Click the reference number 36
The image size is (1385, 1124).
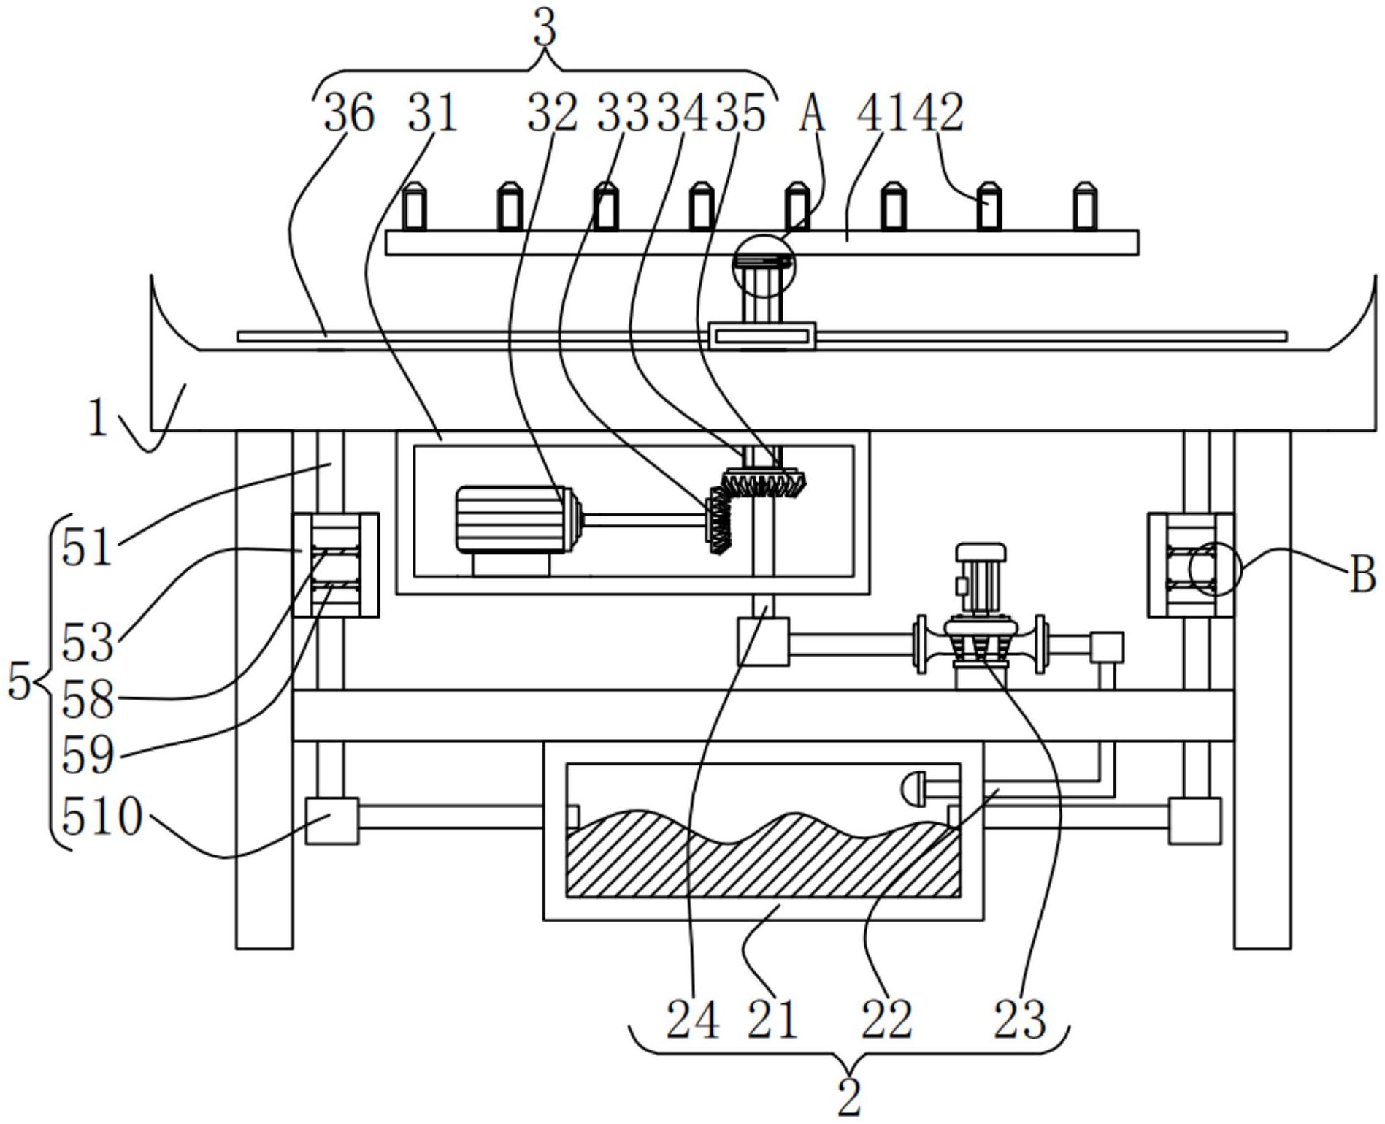[349, 115]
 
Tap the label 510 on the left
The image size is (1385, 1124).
[101, 817]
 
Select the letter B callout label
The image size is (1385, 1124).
[1362, 575]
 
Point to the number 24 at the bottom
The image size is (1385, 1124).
[693, 1020]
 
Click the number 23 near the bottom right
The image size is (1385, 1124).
[1020, 1020]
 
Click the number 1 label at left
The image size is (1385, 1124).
[97, 419]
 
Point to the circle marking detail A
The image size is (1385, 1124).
[764, 266]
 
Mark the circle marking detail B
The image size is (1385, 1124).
[1215, 569]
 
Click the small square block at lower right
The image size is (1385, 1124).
[1194, 821]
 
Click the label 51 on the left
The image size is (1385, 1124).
[87, 548]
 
